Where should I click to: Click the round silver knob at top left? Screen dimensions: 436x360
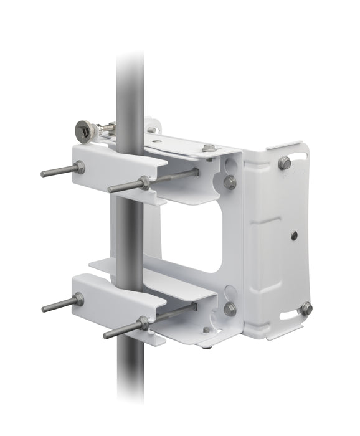click(84, 130)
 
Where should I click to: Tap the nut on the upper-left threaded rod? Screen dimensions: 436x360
click(80, 168)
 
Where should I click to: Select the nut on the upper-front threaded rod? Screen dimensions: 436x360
click(144, 182)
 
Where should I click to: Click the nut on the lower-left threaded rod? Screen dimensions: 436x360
click(78, 300)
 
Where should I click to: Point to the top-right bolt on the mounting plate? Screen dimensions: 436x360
click(285, 163)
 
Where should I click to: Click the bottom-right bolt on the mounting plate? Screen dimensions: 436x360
click(305, 308)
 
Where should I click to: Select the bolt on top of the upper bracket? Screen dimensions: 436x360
click(209, 148)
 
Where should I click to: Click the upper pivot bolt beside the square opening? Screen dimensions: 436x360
click(230, 182)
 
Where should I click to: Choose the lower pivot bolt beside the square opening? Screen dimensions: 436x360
click(230, 308)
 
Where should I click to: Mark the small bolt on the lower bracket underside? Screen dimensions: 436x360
click(207, 330)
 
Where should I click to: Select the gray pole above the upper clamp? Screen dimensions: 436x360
click(130, 87)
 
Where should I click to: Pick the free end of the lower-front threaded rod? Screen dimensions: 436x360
click(107, 336)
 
